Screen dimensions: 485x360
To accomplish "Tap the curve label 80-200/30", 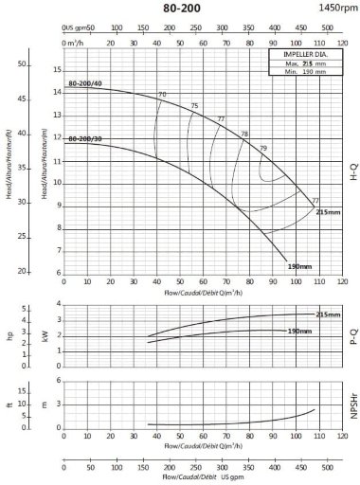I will [x=83, y=139].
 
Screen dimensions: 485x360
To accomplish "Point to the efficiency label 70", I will [x=162, y=95].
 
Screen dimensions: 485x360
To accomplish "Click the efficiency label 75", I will [x=194, y=105].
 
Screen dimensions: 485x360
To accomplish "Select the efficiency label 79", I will [x=263, y=149].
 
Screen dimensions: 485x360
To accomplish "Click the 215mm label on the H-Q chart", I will [x=327, y=211].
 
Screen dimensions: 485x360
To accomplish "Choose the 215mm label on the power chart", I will [x=327, y=314].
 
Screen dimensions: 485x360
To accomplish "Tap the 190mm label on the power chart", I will [x=299, y=331].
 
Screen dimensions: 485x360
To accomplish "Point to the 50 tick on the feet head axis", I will [x=22, y=63].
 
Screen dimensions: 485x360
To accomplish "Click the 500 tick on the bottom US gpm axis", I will [x=328, y=466].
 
